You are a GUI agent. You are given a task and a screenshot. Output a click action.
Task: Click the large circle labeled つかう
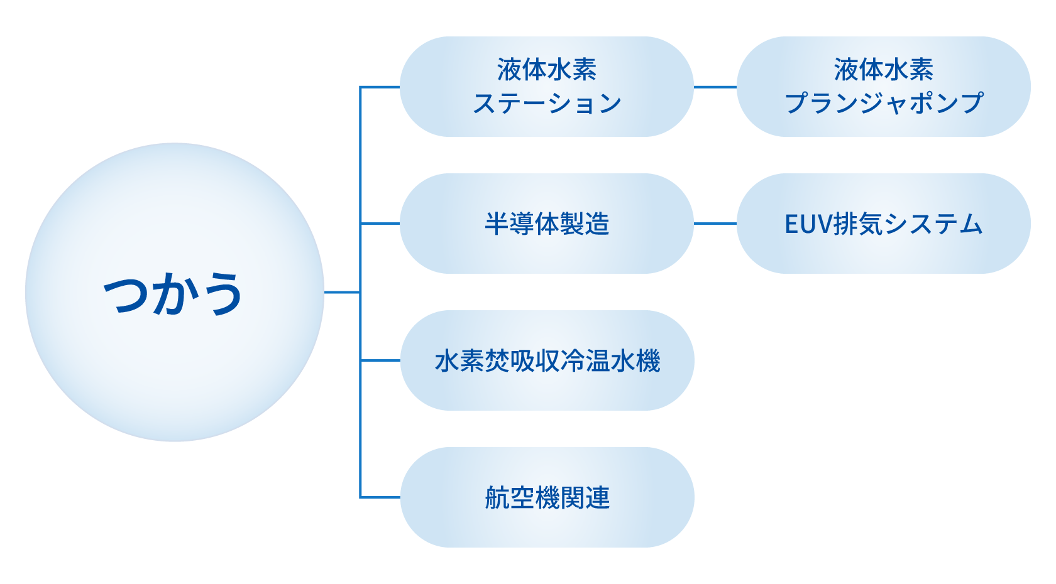(x=174, y=352)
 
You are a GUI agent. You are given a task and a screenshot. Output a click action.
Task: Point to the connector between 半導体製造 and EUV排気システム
(x=715, y=224)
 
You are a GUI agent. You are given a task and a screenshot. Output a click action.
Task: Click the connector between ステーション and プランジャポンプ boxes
(x=715, y=87)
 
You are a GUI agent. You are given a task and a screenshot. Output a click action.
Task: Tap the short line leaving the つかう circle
(x=342, y=292)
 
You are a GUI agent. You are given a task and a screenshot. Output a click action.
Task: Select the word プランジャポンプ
(x=883, y=103)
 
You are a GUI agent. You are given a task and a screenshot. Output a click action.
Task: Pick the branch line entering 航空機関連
(x=380, y=497)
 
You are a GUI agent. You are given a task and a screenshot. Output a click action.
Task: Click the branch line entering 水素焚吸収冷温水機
(x=380, y=360)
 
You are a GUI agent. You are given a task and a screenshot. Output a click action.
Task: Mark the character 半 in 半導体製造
(x=497, y=224)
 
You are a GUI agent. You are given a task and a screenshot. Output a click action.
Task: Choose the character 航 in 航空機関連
(x=497, y=498)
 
